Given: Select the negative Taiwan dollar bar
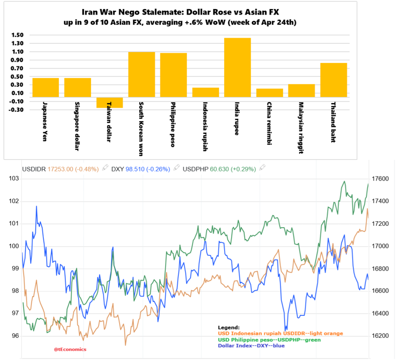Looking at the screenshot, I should coord(110,103).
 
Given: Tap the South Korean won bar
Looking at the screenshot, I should coord(141,74).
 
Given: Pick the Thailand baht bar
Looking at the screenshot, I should coord(333,80).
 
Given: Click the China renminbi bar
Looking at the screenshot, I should coord(269,93).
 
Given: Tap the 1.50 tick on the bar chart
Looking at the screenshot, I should coord(17,35).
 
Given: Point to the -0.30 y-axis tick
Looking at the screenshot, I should coord(16,110).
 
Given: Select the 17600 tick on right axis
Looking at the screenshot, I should coord(380,179).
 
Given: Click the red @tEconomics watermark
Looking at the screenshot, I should coord(70,349).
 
